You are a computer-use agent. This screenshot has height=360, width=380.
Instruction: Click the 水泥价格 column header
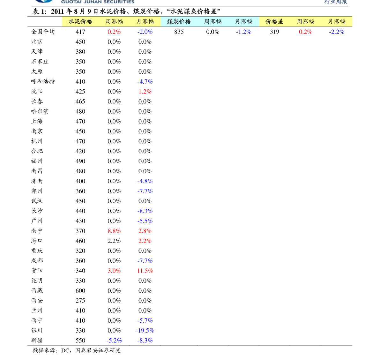pos(80,22)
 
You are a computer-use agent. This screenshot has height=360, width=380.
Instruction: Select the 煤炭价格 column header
pos(179,22)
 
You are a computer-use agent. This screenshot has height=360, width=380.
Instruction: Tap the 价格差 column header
pos(274,22)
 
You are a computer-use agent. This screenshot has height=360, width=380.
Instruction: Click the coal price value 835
pos(179,32)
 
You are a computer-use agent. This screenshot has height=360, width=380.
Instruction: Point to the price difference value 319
pos(275,32)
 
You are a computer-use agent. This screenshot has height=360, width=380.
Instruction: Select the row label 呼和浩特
pos(43,81)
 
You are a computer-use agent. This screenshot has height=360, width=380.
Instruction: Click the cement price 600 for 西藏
pos(80,291)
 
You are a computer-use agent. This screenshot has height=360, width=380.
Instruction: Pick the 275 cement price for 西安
pos(80,301)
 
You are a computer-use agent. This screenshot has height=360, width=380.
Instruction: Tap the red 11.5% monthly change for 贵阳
pos(145,271)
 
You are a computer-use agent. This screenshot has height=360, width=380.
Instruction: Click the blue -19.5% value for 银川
pos(145,330)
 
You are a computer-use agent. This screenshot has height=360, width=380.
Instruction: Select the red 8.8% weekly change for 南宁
pos(114,231)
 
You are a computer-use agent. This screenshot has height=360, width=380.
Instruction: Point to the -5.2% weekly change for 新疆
pos(114,340)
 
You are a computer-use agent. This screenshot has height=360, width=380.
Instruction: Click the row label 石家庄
pos(40,62)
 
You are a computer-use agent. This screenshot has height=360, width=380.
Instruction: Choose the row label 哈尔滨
pos(40,111)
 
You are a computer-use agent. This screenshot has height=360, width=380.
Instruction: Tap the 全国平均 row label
pos(43,32)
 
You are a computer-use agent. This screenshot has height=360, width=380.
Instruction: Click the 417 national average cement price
pos(80,32)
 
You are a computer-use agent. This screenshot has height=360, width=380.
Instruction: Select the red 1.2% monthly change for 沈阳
pos(145,92)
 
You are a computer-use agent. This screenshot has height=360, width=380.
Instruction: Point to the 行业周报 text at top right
pos(336,2)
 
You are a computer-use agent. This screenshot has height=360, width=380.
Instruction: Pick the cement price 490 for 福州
pos(80,161)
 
